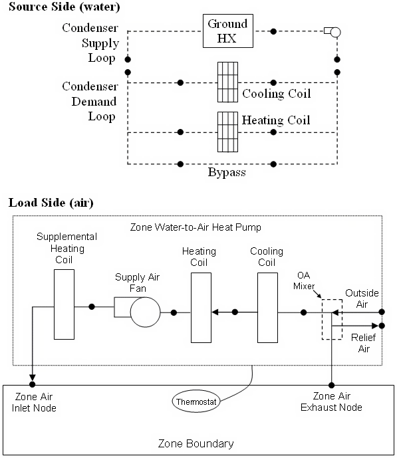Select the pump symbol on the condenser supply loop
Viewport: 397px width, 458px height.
(332, 31)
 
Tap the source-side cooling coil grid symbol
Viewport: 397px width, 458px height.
(227, 82)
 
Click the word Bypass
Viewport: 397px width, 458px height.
(227, 173)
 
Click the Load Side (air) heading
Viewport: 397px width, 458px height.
(51, 203)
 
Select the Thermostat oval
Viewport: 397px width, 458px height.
(197, 401)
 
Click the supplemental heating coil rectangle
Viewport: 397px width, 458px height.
(64, 304)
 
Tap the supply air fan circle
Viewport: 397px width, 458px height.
(145, 312)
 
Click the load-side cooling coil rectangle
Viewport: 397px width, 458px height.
(267, 307)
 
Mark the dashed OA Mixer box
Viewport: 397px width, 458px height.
(331, 319)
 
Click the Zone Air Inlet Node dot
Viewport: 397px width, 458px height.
(32, 384)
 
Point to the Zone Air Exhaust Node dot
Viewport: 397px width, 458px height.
(331, 384)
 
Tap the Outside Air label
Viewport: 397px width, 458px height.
(360, 298)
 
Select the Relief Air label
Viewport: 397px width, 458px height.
(360, 343)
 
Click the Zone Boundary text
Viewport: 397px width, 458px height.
(196, 443)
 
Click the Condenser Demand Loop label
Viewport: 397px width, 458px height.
(90, 102)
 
